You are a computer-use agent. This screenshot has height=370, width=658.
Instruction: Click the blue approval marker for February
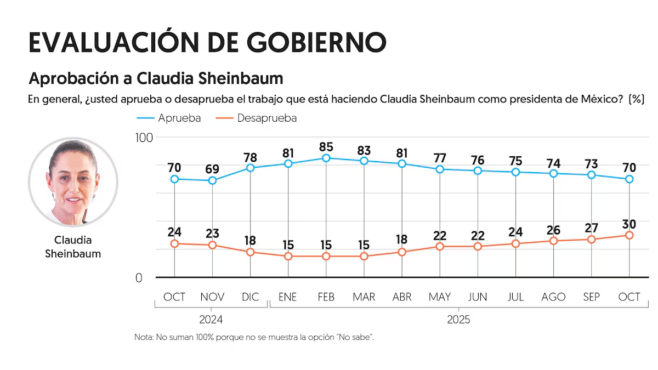click(x=326, y=158)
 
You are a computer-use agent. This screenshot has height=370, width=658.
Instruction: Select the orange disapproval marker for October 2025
click(x=629, y=235)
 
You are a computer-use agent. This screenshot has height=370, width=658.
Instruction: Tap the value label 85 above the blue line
click(x=326, y=147)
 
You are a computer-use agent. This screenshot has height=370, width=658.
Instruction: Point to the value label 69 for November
click(x=212, y=169)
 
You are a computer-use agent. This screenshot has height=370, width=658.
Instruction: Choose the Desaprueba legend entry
click(x=257, y=118)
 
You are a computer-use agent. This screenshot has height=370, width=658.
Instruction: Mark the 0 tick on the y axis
click(x=139, y=278)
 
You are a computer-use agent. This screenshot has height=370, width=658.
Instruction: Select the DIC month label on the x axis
click(x=250, y=297)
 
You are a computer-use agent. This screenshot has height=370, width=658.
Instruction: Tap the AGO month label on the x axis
click(x=553, y=297)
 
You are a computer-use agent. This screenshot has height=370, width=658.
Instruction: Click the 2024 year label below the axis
click(x=211, y=319)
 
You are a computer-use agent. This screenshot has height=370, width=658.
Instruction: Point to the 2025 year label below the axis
click(x=458, y=319)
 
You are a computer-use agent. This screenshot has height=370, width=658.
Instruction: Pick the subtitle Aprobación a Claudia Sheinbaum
click(x=156, y=78)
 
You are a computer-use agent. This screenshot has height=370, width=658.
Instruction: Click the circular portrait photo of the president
click(x=73, y=182)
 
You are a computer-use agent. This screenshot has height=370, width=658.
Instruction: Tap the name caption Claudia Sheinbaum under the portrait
click(x=73, y=247)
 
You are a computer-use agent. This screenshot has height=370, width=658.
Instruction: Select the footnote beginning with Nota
click(x=254, y=337)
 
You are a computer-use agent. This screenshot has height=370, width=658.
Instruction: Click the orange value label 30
click(x=629, y=224)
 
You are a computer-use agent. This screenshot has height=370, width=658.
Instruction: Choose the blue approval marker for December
click(x=250, y=168)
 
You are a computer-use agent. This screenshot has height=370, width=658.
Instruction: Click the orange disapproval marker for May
click(x=440, y=247)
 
